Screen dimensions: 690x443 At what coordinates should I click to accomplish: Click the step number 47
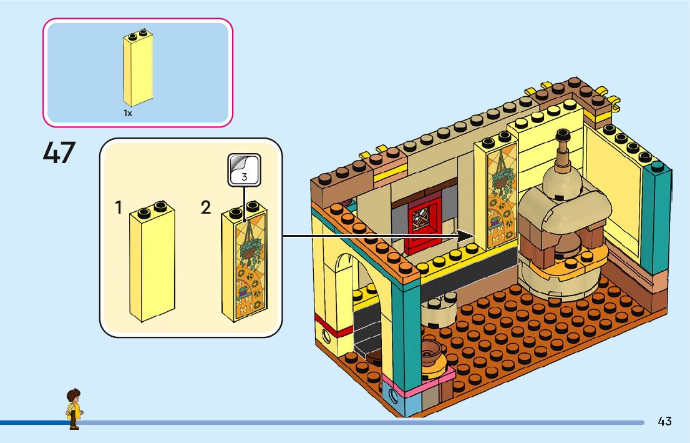[59, 152]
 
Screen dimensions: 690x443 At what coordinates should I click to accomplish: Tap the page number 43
[664, 421]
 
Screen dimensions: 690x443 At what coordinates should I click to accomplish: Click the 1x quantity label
[128, 113]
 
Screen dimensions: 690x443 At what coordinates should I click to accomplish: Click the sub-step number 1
[118, 207]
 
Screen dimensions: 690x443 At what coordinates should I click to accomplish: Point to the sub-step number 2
[205, 207]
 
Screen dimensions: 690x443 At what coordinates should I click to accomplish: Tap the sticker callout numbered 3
[244, 170]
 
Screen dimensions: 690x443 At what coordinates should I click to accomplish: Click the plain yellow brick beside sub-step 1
[152, 261]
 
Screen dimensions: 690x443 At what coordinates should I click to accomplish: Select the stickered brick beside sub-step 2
[244, 262]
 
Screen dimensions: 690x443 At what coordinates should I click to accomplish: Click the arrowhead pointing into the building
[465, 236]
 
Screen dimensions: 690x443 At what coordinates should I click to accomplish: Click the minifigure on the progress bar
[74, 409]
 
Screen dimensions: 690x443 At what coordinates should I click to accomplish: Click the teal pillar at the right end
[656, 221]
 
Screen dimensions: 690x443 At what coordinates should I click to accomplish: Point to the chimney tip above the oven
[563, 135]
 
